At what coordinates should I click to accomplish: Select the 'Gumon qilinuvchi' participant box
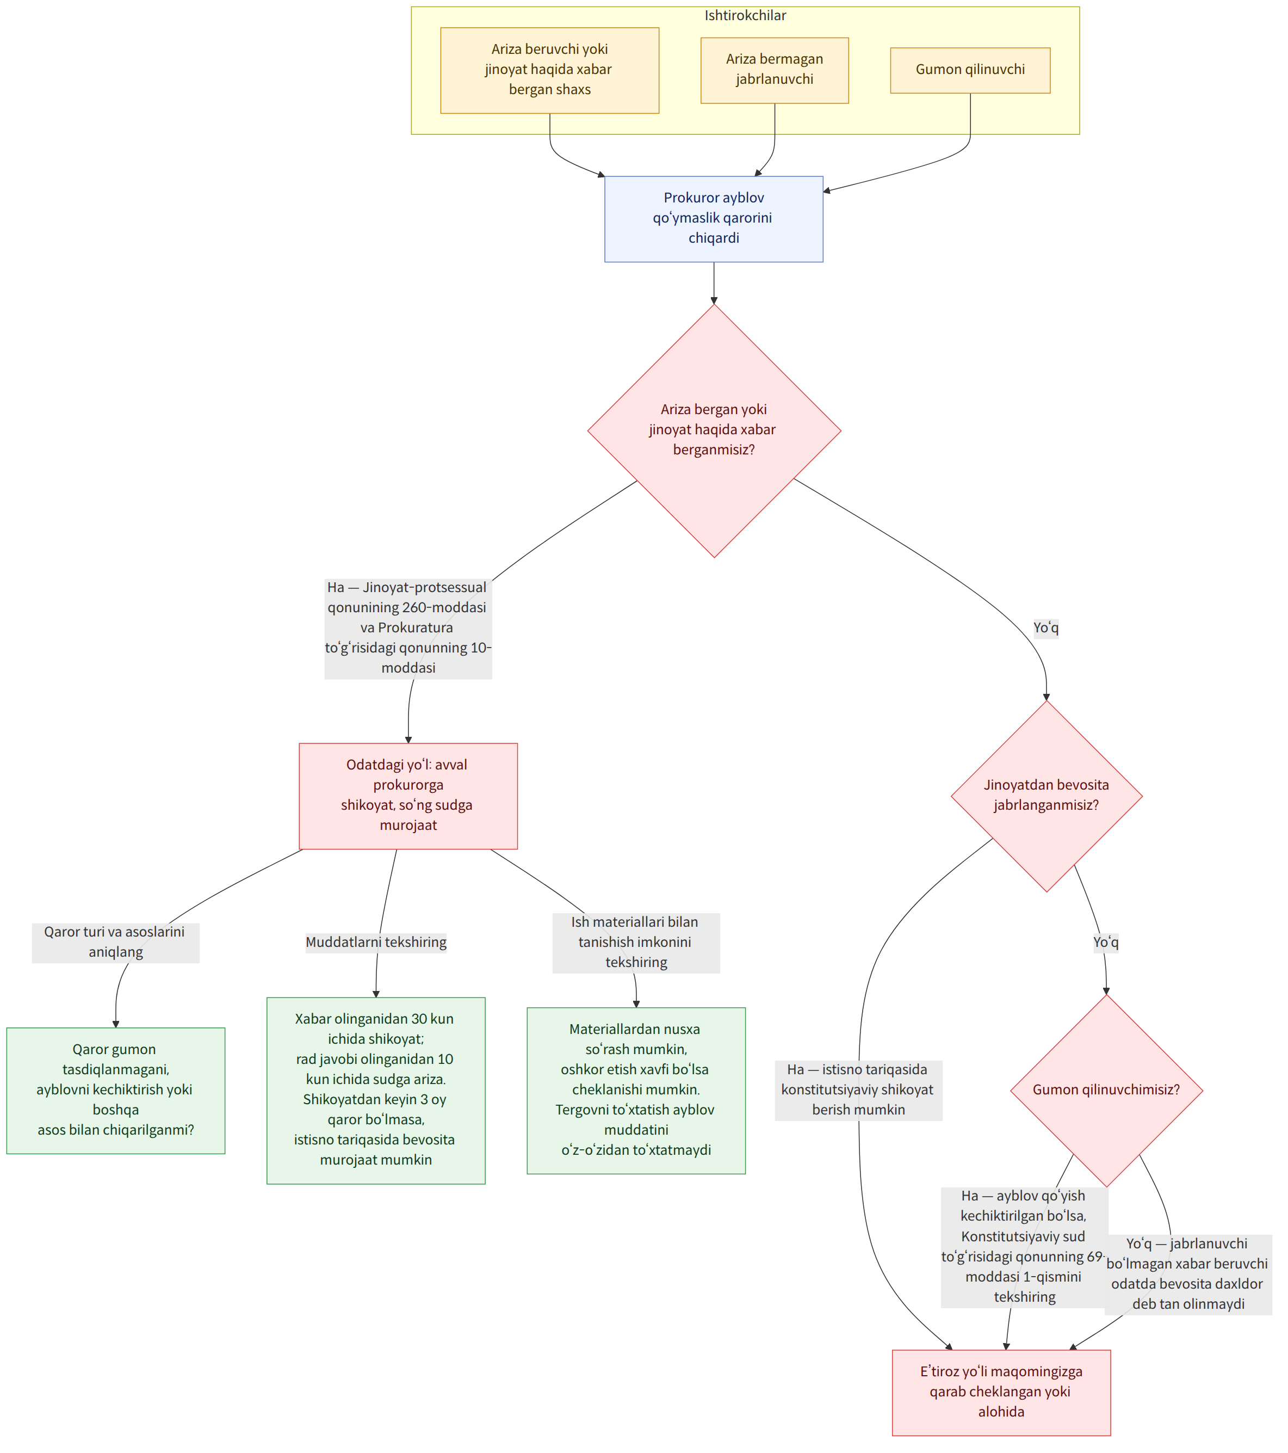(x=970, y=70)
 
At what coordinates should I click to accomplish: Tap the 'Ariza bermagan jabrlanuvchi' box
(x=775, y=70)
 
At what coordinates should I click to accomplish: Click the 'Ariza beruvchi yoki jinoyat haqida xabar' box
(x=550, y=70)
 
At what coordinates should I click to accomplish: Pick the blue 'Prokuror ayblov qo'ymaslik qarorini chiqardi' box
(x=714, y=219)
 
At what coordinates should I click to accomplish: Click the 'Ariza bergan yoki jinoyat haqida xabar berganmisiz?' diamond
(x=714, y=431)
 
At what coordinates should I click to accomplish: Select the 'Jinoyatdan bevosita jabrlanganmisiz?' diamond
(x=1046, y=796)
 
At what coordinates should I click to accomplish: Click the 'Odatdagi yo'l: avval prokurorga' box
(x=408, y=796)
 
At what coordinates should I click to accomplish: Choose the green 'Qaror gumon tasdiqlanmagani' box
(x=116, y=1091)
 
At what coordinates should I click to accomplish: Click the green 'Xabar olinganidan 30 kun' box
(x=376, y=1091)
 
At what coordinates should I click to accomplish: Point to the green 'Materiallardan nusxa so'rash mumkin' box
(x=636, y=1091)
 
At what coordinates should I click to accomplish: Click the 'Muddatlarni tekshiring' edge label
(x=376, y=943)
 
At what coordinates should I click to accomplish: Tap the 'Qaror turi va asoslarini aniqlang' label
(x=116, y=943)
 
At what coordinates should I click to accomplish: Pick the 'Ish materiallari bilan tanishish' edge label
(x=636, y=943)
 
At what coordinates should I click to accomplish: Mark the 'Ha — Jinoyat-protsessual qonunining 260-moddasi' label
(x=408, y=627)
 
